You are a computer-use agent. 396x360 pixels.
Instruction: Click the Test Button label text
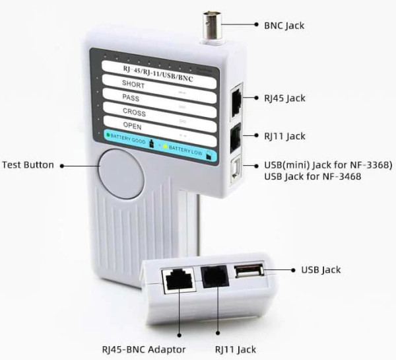[28, 164]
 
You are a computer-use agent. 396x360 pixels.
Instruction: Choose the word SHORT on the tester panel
[134, 84]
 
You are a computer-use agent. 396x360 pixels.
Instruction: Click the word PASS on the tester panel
[131, 98]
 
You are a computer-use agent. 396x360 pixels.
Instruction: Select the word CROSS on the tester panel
[134, 112]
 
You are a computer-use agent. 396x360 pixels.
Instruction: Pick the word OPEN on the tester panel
[132, 126]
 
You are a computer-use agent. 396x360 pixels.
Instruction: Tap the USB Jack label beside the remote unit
[321, 270]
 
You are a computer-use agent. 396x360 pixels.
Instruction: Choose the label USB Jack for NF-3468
[312, 177]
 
